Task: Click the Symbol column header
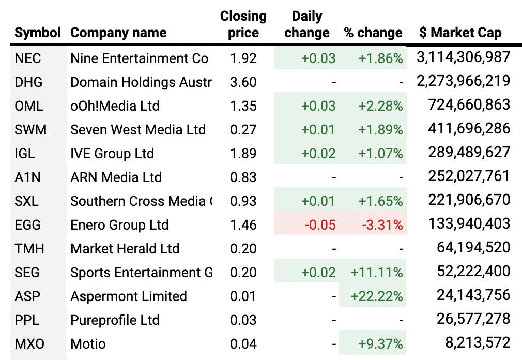point(38,33)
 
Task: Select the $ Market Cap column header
point(460,33)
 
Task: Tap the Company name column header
point(118,33)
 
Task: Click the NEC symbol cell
point(28,58)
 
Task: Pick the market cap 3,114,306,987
point(463,57)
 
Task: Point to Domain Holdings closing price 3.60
point(243,82)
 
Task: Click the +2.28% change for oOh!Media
point(380,106)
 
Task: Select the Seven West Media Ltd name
point(138,130)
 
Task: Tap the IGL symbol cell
point(26,154)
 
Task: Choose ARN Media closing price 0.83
point(243,177)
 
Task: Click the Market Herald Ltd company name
point(125,249)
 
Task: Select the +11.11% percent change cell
point(376,273)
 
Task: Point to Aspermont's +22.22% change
point(376,296)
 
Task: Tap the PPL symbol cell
point(27,320)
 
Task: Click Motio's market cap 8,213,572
point(477,342)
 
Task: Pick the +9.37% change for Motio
point(380,344)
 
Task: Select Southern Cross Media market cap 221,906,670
point(469,200)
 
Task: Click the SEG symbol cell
point(28,273)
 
